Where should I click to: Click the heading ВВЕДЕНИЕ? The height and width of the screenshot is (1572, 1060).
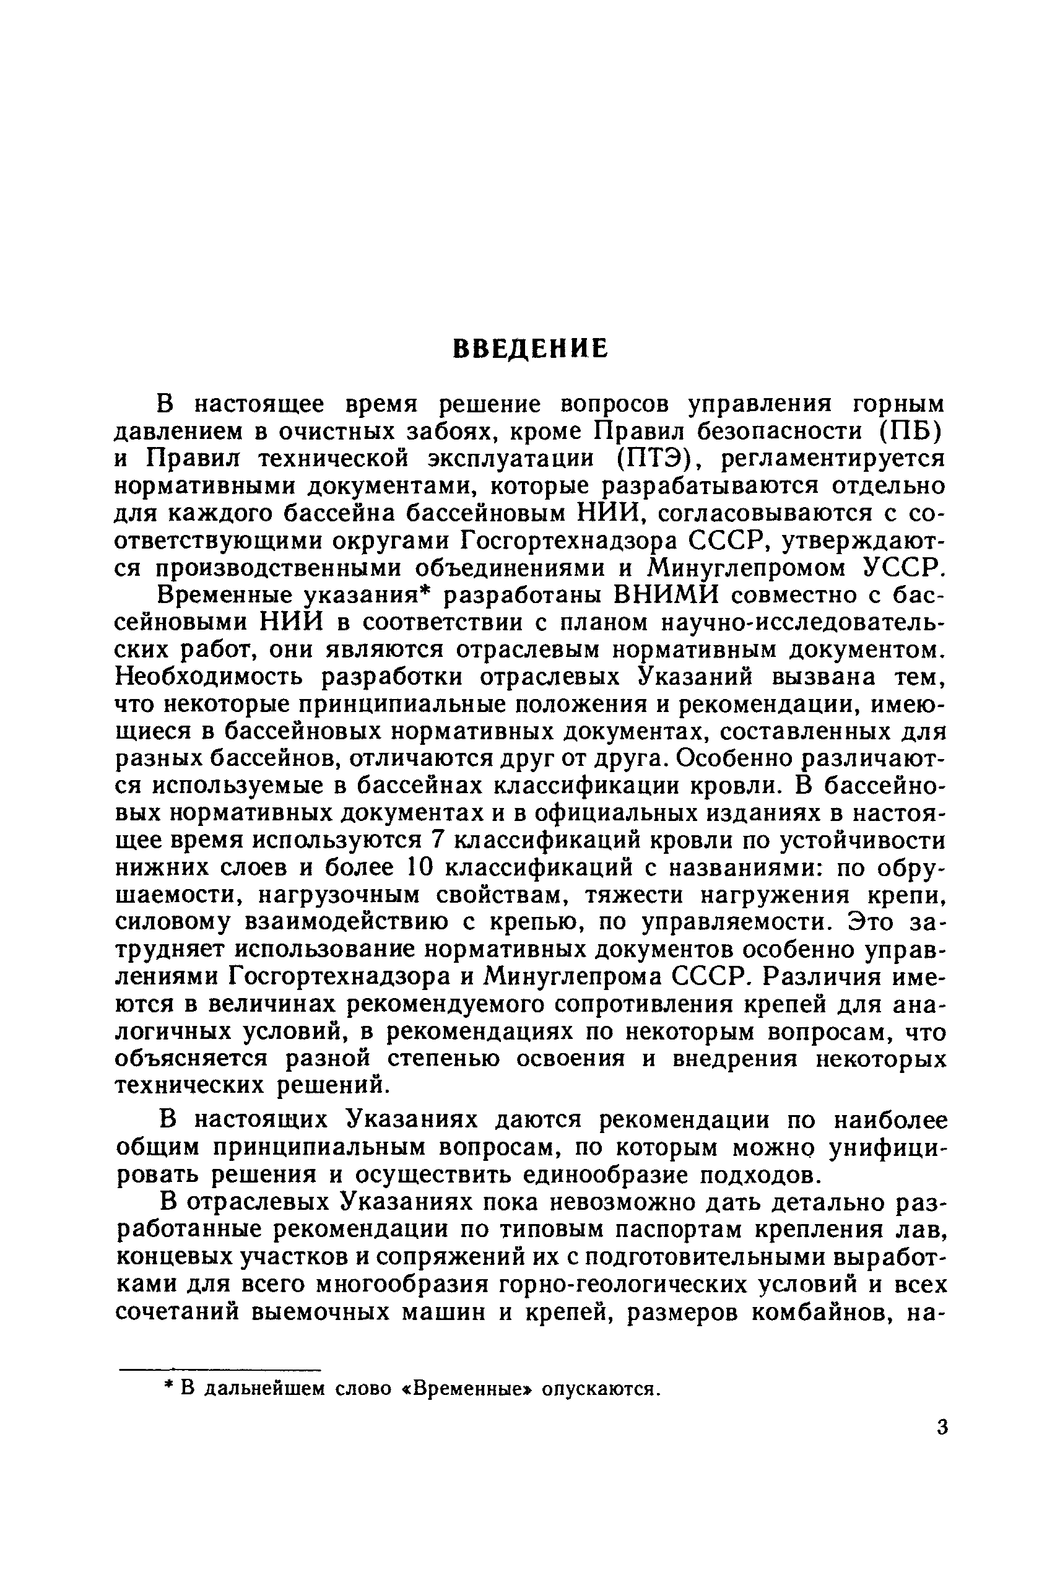[530, 349]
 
